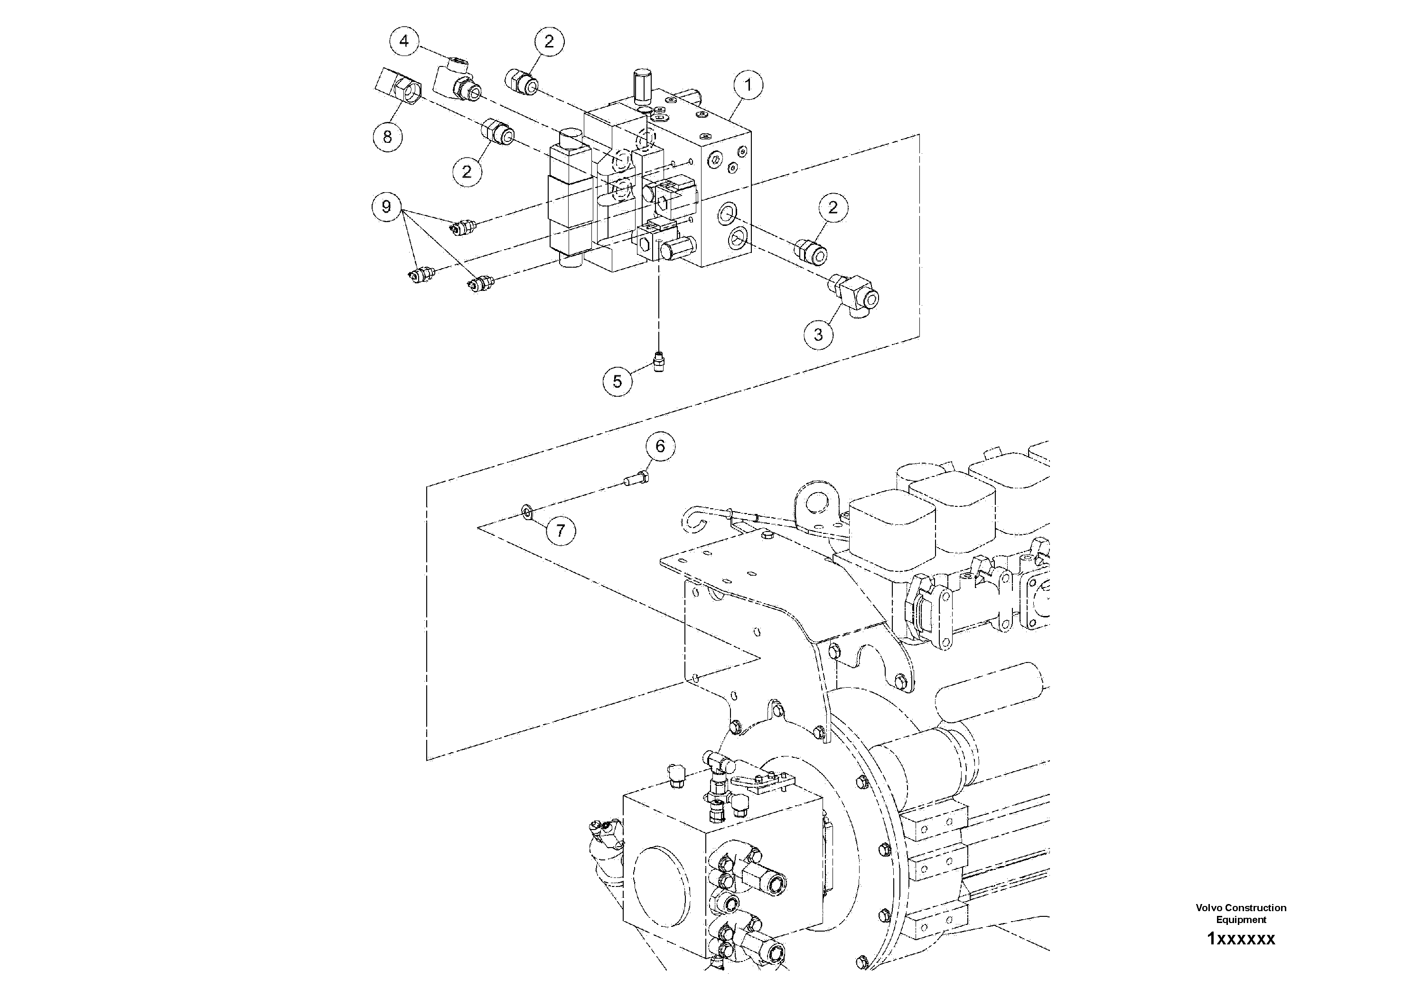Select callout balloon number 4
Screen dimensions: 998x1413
click(x=404, y=41)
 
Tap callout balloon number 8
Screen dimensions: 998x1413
click(x=388, y=137)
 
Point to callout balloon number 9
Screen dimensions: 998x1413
click(x=386, y=206)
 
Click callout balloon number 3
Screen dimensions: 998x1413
click(x=818, y=335)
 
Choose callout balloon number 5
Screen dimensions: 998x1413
click(x=617, y=382)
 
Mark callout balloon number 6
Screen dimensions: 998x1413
click(x=660, y=446)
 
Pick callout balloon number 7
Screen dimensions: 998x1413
click(x=561, y=531)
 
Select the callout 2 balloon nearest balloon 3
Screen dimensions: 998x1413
click(x=833, y=207)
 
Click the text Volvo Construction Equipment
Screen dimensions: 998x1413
click(x=1241, y=913)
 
